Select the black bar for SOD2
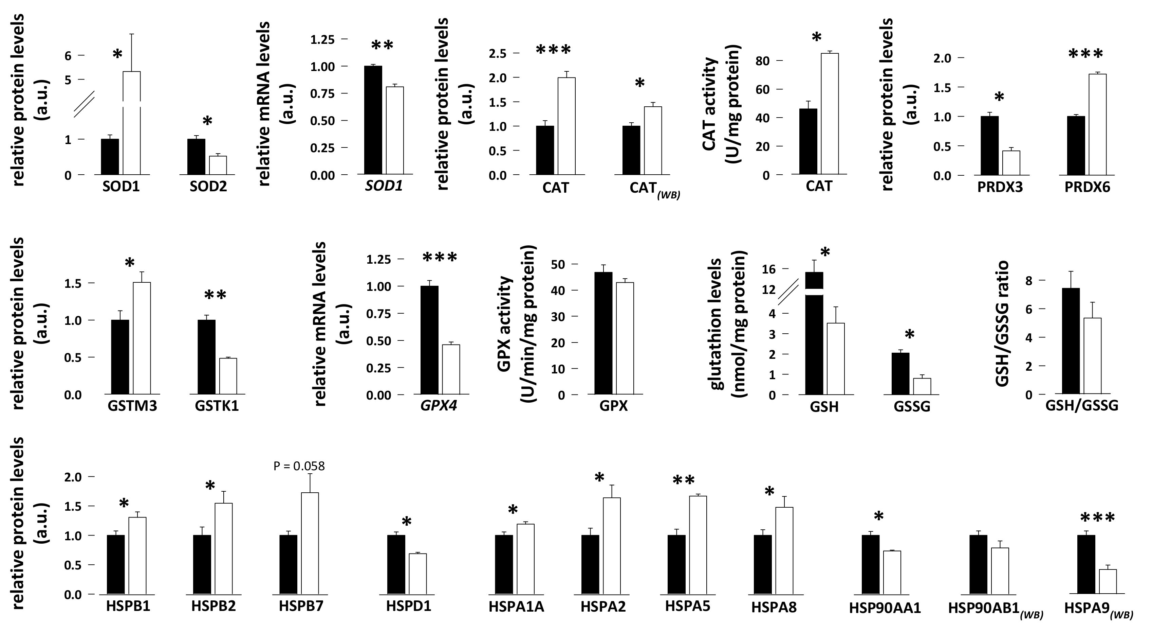tap(196, 157)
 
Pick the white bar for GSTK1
tap(228, 376)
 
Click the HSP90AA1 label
tap(885, 608)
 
